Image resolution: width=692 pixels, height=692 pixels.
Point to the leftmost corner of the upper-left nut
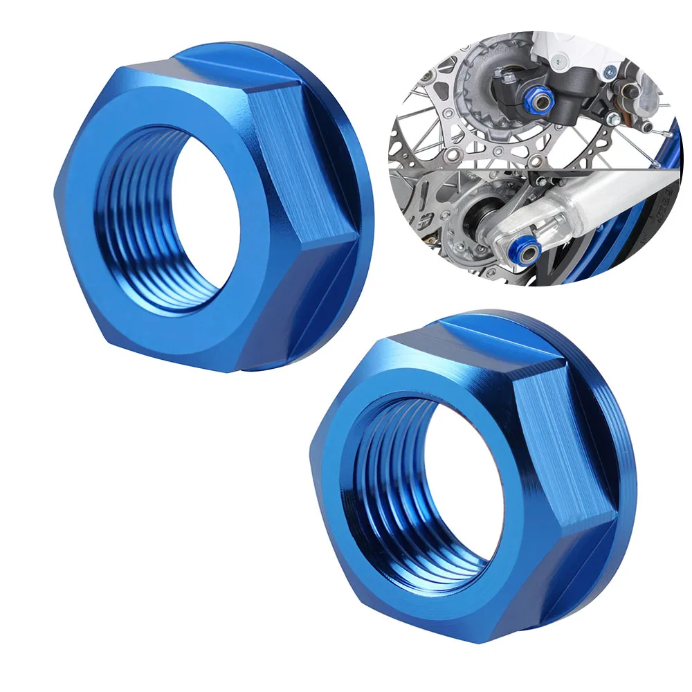tap(55, 190)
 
